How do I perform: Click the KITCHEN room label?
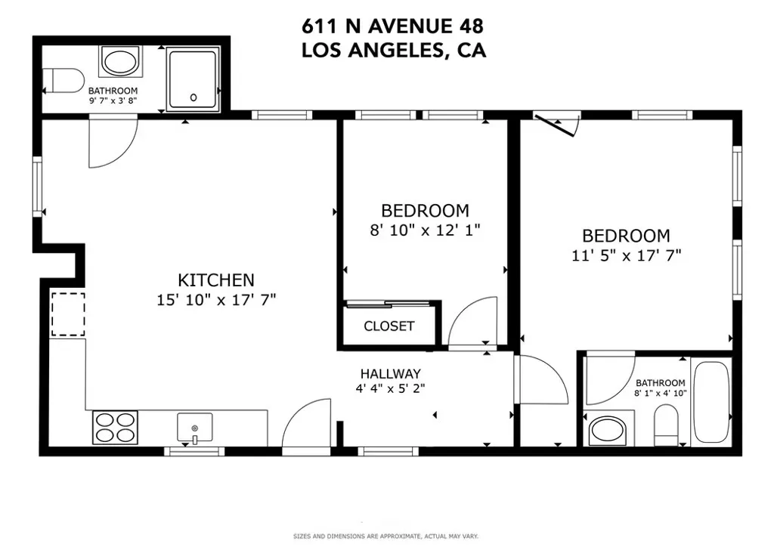point(215,280)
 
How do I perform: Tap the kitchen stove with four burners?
point(115,427)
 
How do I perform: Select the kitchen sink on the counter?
point(195,428)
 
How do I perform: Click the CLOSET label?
point(389,326)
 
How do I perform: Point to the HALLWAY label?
point(391,374)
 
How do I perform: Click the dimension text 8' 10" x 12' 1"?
point(425,230)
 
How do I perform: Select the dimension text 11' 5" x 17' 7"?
point(627,255)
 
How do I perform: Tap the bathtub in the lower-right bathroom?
point(711,402)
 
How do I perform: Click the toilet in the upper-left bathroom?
point(63,80)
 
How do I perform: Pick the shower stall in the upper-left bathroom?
point(193,79)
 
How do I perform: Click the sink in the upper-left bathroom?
point(120,62)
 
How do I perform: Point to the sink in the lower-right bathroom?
point(608,430)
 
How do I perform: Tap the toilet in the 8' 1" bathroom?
point(666,425)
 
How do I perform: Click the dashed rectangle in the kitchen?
point(68,314)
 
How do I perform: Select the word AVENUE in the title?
point(406,26)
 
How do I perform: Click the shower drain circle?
point(193,97)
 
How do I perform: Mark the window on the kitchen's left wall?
point(38,187)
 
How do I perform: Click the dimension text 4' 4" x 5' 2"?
point(391,388)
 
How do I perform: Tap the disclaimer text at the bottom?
point(386,536)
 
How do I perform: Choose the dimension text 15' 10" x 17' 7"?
point(216,300)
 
